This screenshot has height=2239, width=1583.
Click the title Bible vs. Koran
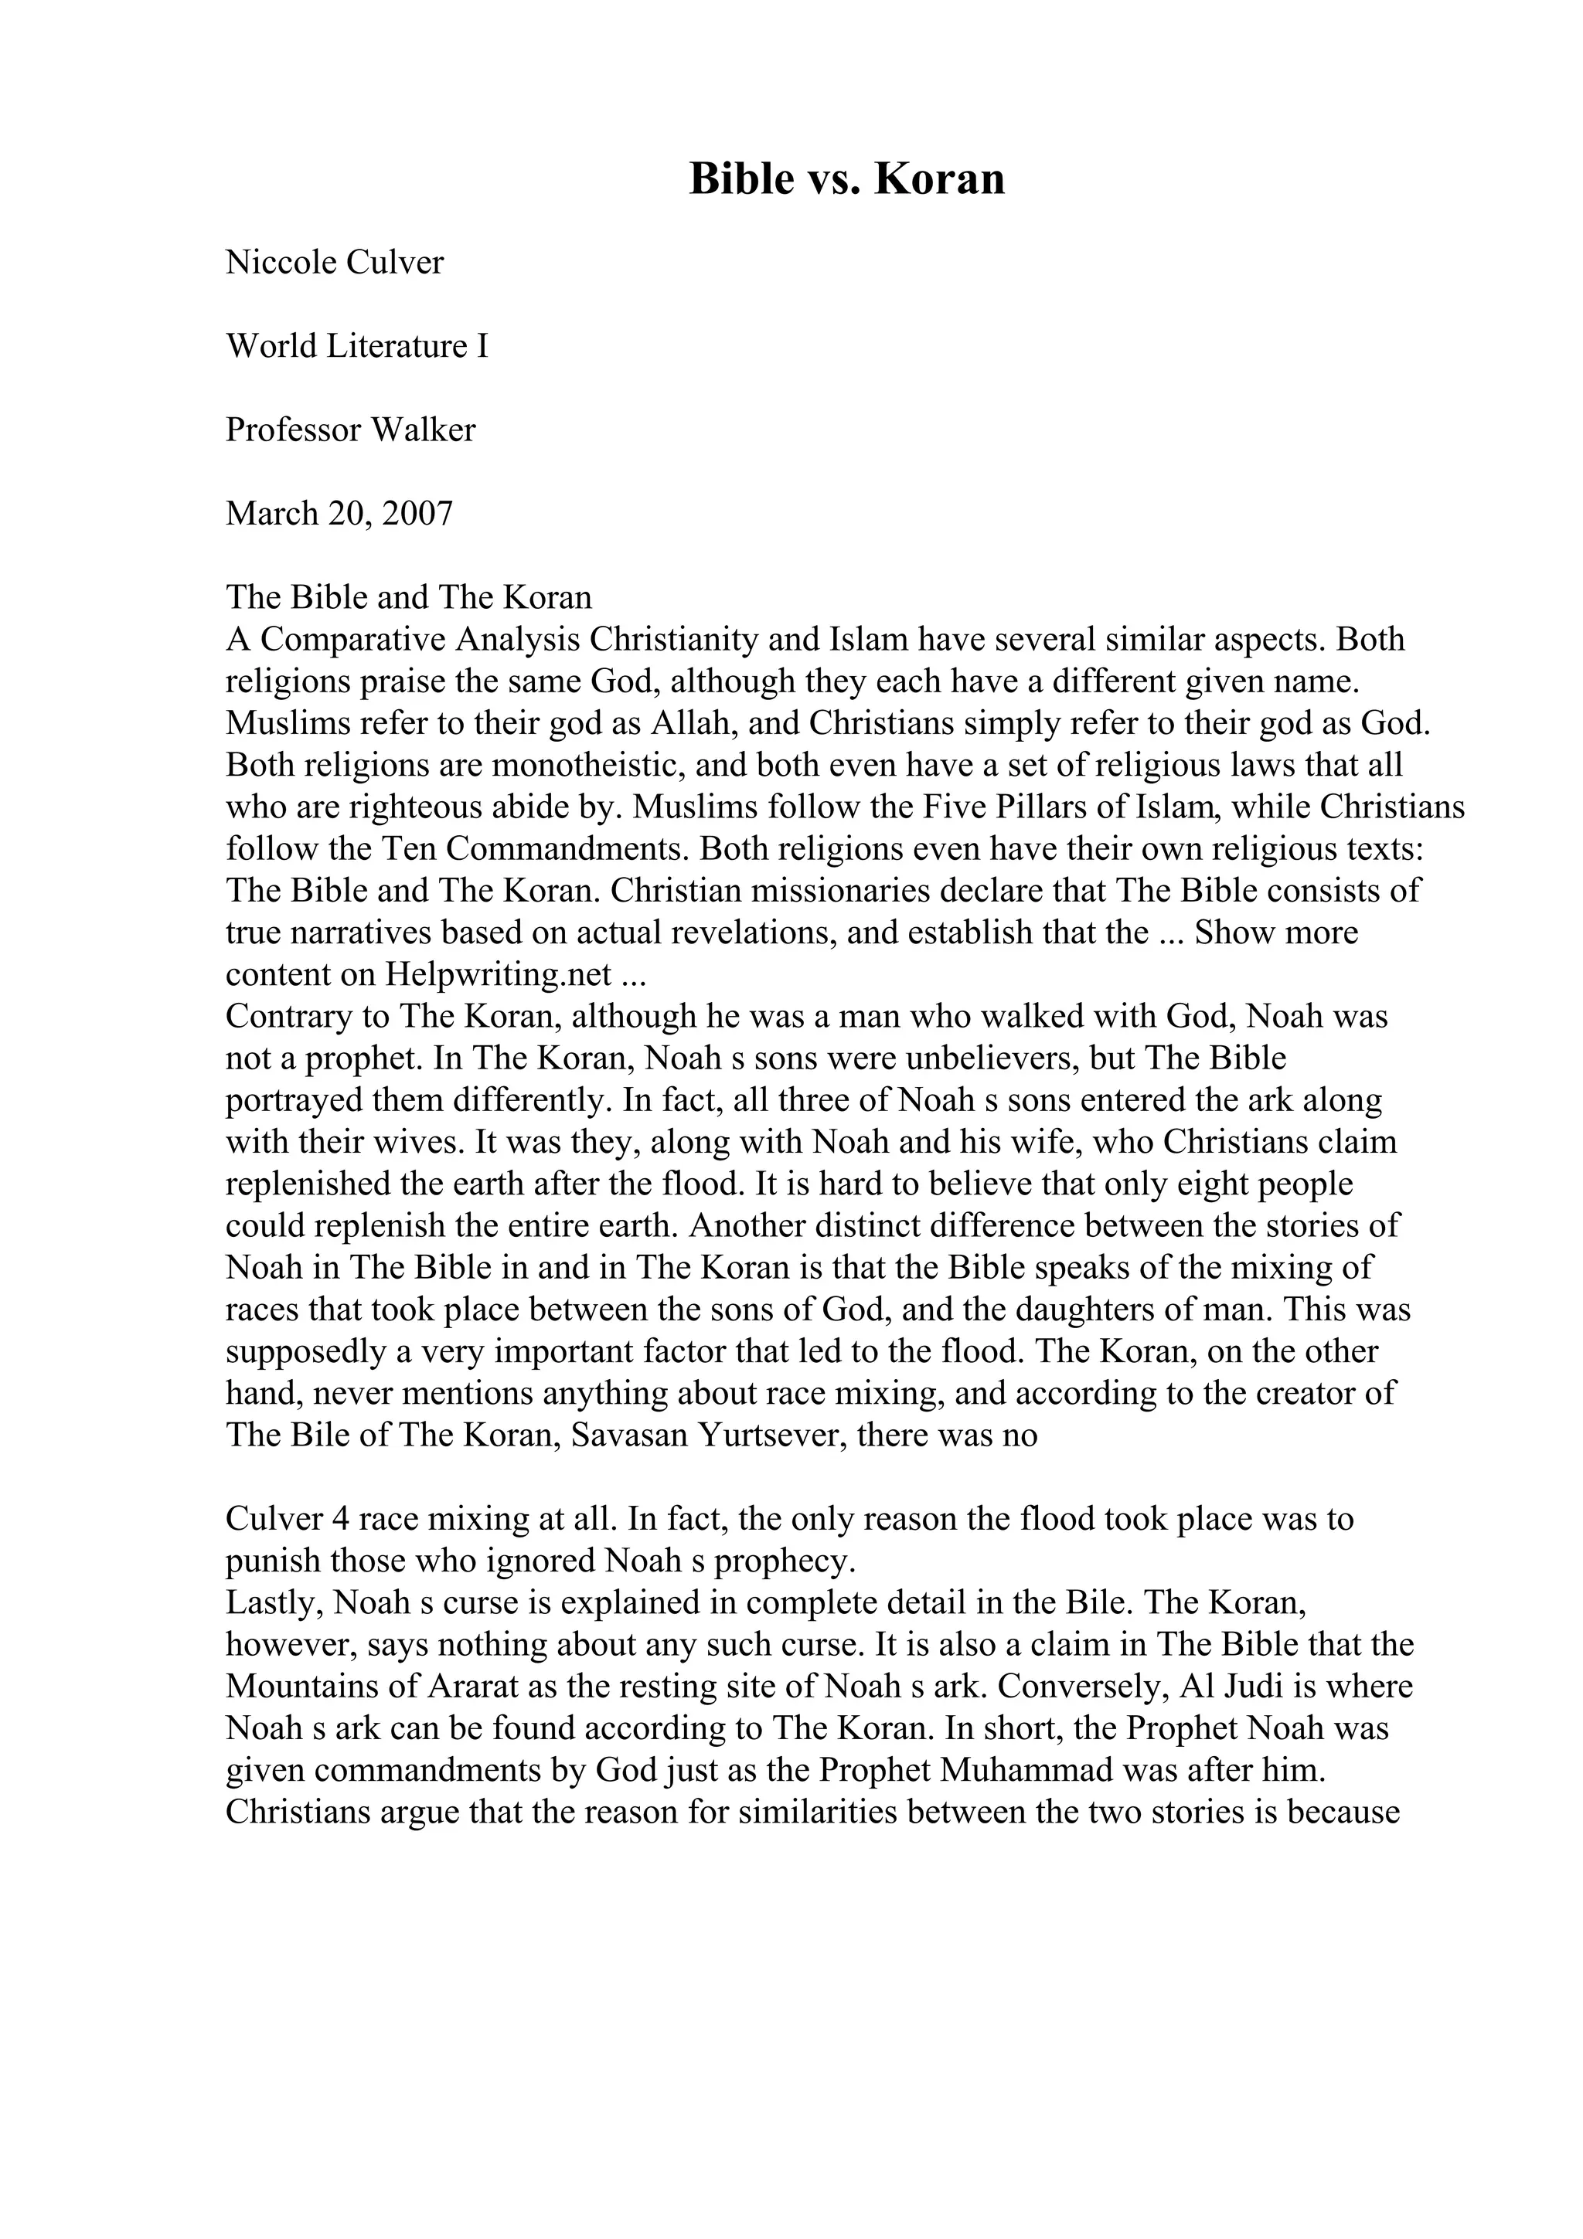846,179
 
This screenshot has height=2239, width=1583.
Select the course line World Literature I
357,346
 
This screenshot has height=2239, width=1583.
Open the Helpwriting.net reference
499,975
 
